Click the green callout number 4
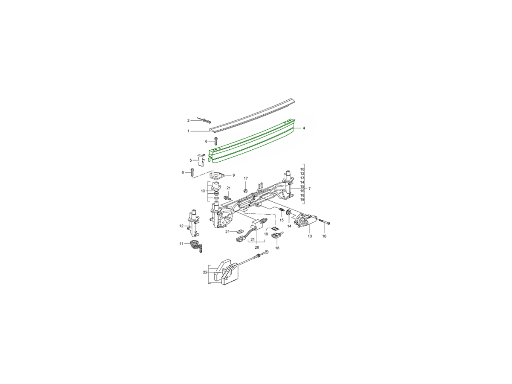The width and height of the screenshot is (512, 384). (304, 128)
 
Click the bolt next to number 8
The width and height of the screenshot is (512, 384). (193, 172)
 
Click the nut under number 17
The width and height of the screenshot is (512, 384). (245, 191)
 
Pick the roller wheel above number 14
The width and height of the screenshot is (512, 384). (289, 212)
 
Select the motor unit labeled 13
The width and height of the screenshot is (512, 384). (305, 221)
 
